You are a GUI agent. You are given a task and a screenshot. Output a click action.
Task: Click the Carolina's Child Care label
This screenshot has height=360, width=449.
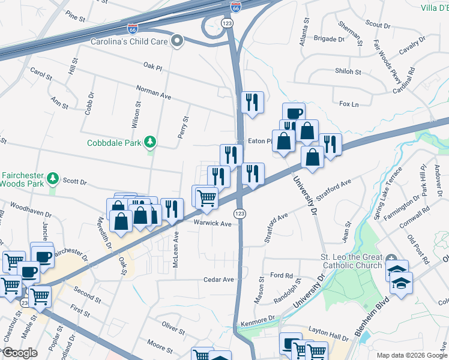tap(128, 42)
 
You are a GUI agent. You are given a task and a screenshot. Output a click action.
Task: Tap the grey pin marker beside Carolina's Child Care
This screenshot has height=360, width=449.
tap(176, 41)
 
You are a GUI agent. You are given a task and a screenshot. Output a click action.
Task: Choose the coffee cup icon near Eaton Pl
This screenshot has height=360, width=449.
tap(294, 113)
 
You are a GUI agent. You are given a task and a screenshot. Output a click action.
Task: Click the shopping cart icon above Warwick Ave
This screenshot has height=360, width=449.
tap(206, 196)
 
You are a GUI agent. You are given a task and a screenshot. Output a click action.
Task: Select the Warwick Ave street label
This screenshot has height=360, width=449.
tap(212, 223)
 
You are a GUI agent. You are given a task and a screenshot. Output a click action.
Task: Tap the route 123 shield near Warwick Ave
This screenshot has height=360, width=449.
tap(240, 214)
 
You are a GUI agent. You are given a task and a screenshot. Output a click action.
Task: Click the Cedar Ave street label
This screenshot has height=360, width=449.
tap(218, 280)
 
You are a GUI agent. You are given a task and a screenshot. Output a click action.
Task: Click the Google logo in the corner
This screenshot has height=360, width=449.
tap(20, 353)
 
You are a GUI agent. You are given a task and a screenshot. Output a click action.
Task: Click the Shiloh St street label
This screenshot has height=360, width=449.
tap(348, 71)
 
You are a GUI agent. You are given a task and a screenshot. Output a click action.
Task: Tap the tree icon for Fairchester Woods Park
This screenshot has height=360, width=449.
tap(53, 178)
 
